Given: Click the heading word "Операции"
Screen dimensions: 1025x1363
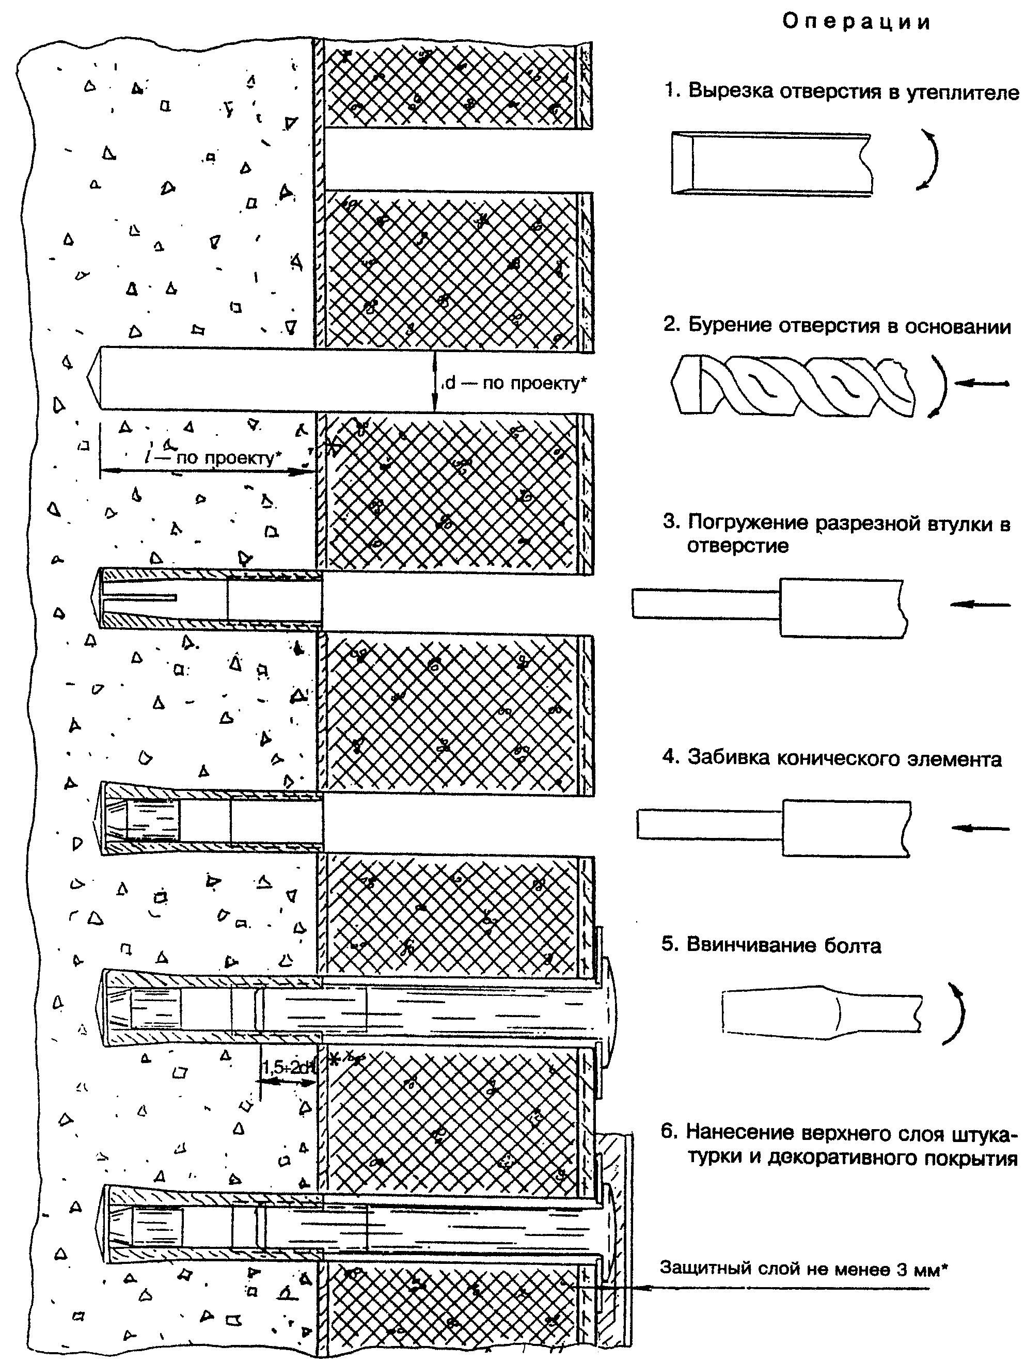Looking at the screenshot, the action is click(x=856, y=22).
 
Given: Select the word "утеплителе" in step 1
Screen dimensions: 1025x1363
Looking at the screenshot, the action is click(x=963, y=92).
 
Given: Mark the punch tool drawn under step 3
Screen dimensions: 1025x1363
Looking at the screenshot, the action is click(x=770, y=607).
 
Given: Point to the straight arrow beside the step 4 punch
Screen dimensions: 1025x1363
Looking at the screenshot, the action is click(x=981, y=828).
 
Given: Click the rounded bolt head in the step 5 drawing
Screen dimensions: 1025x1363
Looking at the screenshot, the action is click(x=608, y=1012).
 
